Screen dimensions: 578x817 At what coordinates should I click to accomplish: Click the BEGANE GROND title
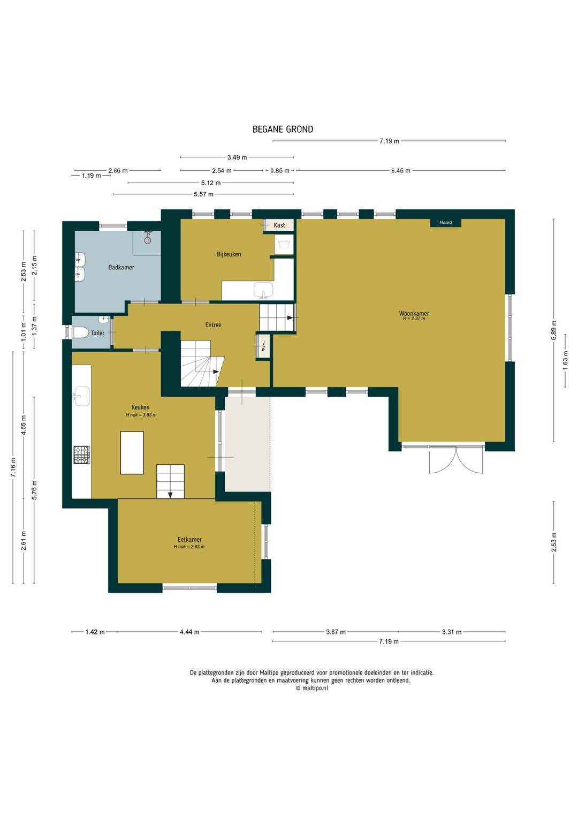tap(283, 130)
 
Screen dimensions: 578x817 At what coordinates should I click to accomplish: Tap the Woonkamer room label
tap(414, 313)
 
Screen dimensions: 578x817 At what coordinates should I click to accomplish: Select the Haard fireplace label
tap(446, 223)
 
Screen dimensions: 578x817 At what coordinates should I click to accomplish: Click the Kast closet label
tap(279, 225)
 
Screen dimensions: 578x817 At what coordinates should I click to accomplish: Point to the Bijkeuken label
tap(229, 254)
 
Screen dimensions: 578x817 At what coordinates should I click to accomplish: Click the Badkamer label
tap(121, 267)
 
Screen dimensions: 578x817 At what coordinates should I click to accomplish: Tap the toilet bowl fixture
tap(80, 332)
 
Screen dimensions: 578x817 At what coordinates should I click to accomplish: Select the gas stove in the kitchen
tap(82, 455)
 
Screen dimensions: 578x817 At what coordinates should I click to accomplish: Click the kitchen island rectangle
tap(132, 452)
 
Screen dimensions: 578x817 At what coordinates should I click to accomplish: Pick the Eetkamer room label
tap(189, 540)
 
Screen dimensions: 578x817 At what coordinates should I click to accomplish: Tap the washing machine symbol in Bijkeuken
tap(284, 244)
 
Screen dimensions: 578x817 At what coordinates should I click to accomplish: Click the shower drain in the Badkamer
tap(147, 240)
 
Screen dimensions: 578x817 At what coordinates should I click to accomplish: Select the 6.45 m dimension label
tap(400, 170)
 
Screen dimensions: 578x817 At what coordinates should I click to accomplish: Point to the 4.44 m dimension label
tap(189, 632)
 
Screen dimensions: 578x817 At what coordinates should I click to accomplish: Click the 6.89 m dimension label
tap(554, 330)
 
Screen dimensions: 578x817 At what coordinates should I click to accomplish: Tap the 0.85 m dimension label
tap(280, 170)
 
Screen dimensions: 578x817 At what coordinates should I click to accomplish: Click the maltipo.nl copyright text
tap(312, 688)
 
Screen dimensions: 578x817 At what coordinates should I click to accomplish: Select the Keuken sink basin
tap(81, 396)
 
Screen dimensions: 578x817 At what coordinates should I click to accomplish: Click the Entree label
tap(213, 324)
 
